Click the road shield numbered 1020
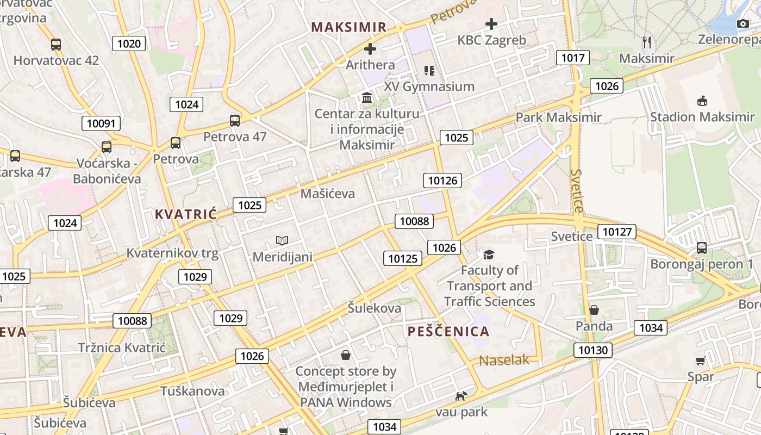[129, 44]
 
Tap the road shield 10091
[101, 123]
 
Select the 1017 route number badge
[573, 58]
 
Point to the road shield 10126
[443, 181]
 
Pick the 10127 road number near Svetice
[617, 232]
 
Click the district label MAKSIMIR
[349, 27]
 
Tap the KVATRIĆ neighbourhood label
[185, 214]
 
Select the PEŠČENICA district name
[448, 331]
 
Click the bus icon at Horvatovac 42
[56, 45]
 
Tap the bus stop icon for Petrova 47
[235, 120]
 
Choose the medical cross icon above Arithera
[370, 49]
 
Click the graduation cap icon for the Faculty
[489, 254]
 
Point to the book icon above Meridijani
[282, 240]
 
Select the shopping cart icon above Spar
[701, 361]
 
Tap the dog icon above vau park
[460, 396]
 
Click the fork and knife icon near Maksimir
[646, 42]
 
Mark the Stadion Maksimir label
[702, 117]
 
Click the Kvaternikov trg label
[172, 253]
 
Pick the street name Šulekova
[375, 308]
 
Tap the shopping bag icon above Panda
[594, 310]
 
